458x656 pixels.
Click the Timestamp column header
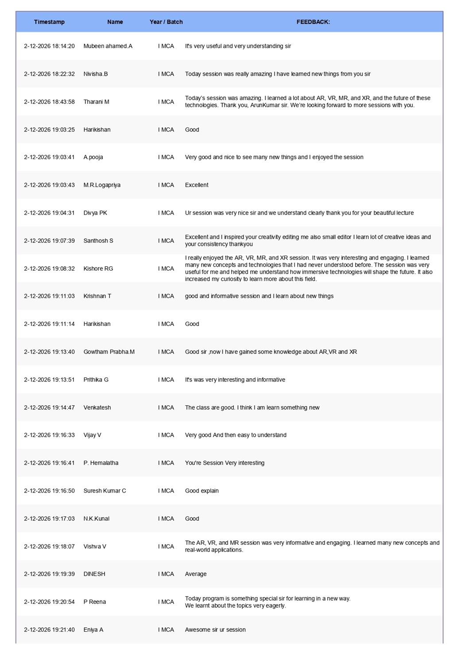tap(49, 22)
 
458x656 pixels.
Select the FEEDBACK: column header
tap(313, 22)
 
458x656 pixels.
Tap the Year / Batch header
tap(166, 22)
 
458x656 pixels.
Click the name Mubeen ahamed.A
tap(108, 46)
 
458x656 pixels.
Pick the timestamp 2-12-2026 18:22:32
tap(49, 74)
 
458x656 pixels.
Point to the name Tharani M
tap(96, 102)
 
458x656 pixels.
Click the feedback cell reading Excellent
tap(197, 185)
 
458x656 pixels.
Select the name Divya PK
tap(95, 213)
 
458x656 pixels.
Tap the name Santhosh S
tap(98, 241)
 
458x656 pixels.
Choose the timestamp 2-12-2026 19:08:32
tap(49, 269)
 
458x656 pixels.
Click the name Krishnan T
tap(97, 296)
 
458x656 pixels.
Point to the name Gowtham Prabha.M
tap(109, 352)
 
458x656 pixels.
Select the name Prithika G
tap(96, 380)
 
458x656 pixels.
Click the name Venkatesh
tap(97, 408)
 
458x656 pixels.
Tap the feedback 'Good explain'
tap(202, 491)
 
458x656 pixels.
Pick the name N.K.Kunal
tap(96, 519)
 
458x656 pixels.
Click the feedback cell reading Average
tap(196, 574)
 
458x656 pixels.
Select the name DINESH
tap(94, 574)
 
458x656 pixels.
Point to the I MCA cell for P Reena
tap(166, 602)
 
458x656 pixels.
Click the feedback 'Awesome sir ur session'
tap(215, 630)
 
